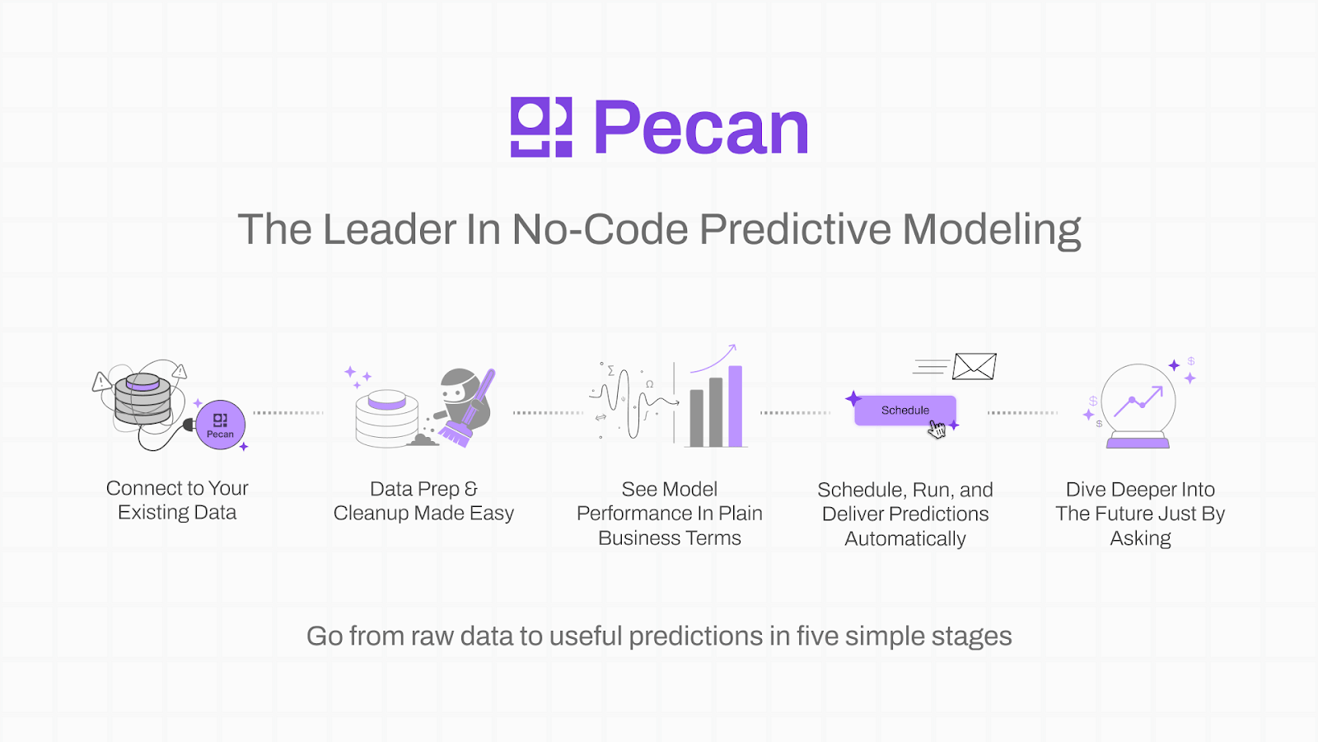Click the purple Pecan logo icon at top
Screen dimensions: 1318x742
pyautogui.click(x=541, y=127)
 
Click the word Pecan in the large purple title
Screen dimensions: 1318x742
pyautogui.click(x=701, y=127)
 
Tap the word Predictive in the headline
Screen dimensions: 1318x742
pyautogui.click(x=795, y=229)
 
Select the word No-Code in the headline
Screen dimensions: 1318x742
pyautogui.click(x=600, y=229)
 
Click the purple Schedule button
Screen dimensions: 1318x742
pyautogui.click(x=905, y=411)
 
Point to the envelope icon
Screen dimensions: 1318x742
pyautogui.click(x=974, y=366)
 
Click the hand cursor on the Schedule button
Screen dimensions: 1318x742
pyautogui.click(x=937, y=430)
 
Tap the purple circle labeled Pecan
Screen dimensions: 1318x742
pyautogui.click(x=221, y=425)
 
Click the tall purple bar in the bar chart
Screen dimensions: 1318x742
pyautogui.click(x=735, y=406)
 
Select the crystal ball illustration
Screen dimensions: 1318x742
pyautogui.click(x=1138, y=406)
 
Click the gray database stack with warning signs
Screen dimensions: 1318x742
pyautogui.click(x=143, y=399)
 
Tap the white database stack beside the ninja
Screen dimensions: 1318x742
pyautogui.click(x=386, y=419)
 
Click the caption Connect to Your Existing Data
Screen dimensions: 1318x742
pyautogui.click(x=177, y=500)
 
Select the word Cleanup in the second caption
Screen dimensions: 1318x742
pyautogui.click(x=371, y=514)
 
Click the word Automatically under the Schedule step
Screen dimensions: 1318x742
pyautogui.click(x=905, y=539)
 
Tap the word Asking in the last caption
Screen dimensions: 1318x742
pyautogui.click(x=1140, y=538)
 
